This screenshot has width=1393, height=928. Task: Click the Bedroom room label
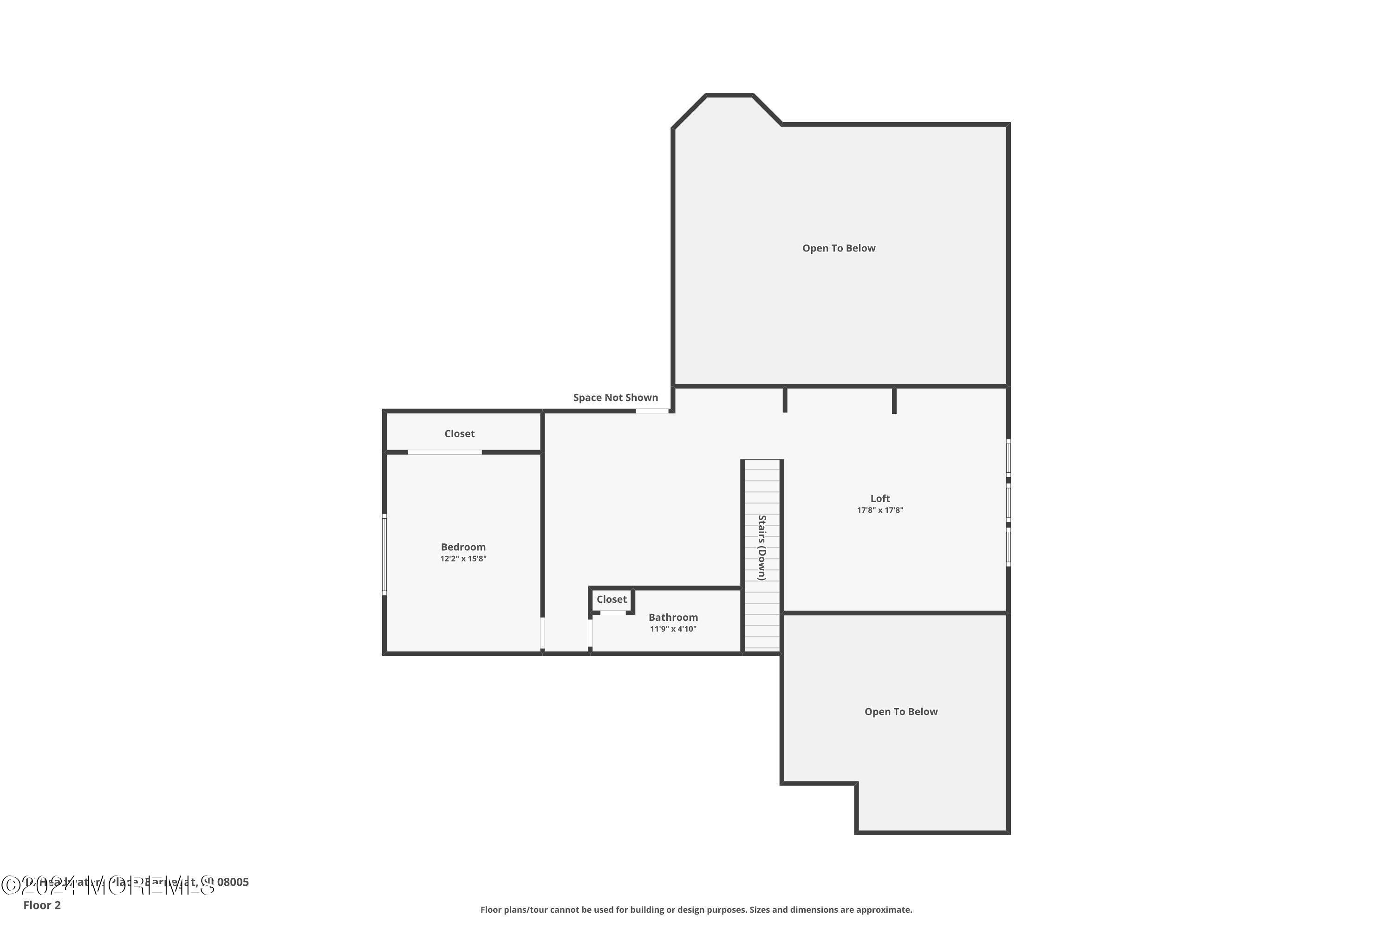462,547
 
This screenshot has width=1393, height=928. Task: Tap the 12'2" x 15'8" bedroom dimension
462,559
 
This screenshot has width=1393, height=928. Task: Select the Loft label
879,498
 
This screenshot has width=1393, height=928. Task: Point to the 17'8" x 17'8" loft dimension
879,510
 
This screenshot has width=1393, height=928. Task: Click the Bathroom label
673,617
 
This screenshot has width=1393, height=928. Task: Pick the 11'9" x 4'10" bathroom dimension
673,629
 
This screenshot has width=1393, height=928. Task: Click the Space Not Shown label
615,398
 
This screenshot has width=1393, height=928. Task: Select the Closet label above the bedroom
459,434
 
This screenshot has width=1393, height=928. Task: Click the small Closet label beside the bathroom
611,599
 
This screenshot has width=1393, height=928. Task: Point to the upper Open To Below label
838,249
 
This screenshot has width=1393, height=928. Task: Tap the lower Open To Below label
900,712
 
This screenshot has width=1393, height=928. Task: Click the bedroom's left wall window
384,554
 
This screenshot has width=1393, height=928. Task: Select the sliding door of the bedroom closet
444,452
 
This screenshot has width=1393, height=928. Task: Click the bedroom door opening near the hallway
542,633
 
